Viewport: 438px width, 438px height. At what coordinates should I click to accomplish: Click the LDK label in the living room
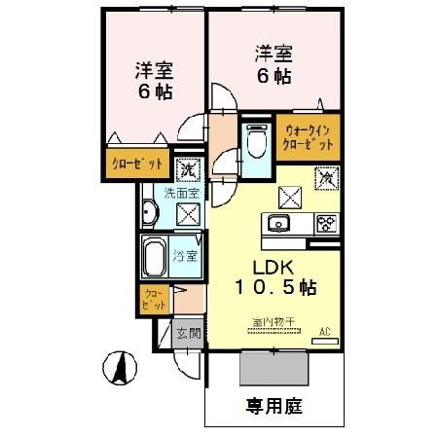coord(274,268)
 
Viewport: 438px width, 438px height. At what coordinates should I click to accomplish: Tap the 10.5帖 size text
coord(274,289)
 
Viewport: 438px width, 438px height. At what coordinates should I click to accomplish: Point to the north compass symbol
coord(118,368)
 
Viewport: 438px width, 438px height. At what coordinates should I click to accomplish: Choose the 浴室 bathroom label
coord(186,257)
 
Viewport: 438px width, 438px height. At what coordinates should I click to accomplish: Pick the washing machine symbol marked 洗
coord(188,168)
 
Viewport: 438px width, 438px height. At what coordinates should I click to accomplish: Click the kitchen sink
coord(276,223)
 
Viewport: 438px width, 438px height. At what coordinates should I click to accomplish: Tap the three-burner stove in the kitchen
coord(325,223)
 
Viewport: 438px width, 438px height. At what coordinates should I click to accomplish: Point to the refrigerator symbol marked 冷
coord(327,179)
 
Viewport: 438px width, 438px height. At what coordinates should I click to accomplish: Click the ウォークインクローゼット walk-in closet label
coord(308,135)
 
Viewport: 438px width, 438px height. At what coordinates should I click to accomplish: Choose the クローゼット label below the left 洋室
coord(135,164)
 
